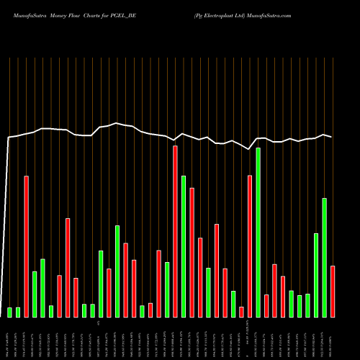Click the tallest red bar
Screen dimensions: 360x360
pos(175,231)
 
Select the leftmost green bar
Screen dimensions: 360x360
pos(10,312)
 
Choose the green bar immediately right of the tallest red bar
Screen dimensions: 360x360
pos(184,246)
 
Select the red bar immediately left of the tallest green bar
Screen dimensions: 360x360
pos(250,246)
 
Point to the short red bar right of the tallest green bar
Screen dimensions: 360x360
pos(266,305)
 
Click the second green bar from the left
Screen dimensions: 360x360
pos(18,312)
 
